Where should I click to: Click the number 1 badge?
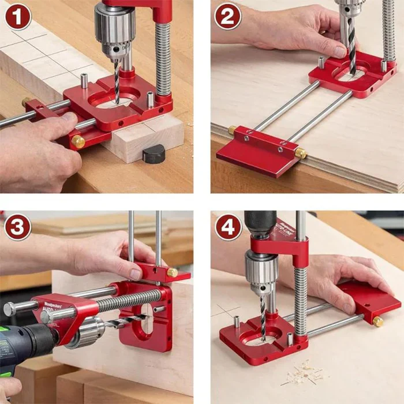pyautogui.click(x=17, y=17)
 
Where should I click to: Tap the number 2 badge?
pyautogui.click(x=227, y=17)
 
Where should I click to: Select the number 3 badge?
pyautogui.click(x=17, y=227)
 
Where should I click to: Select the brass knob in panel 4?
pyautogui.click(x=378, y=321)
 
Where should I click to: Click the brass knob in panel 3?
pyautogui.click(x=172, y=272)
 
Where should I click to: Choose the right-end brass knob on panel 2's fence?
pyautogui.click(x=301, y=153)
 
